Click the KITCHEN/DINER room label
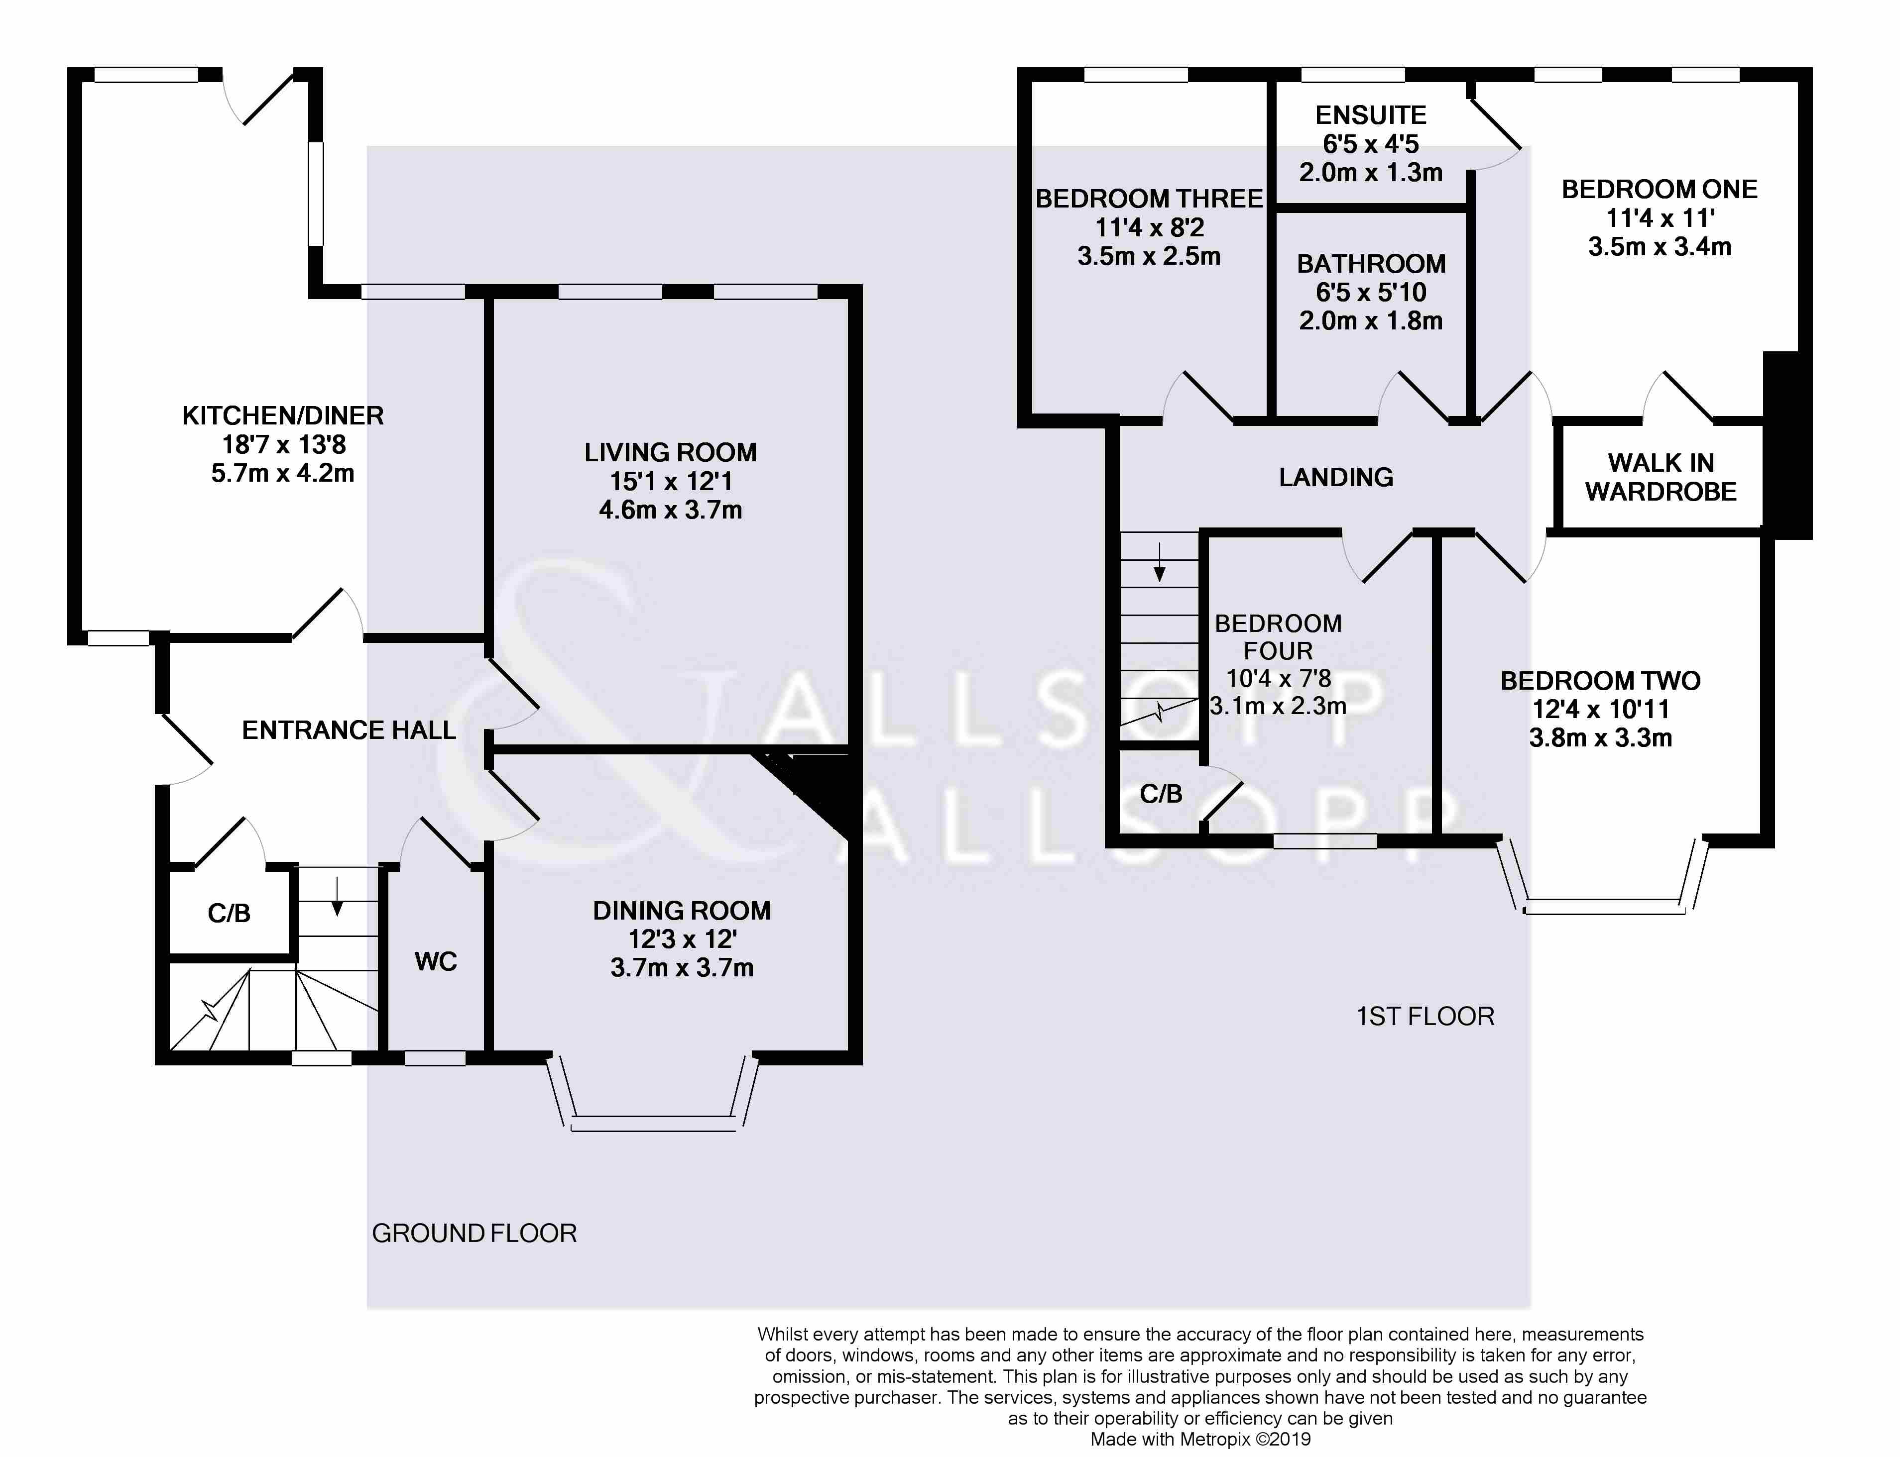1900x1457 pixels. [x=283, y=416]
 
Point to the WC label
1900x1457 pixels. [x=436, y=961]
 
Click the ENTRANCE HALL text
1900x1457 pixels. [x=349, y=730]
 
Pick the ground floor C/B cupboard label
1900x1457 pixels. [x=229, y=912]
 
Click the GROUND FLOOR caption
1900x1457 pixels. [x=474, y=1233]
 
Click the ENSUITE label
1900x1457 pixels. [x=1371, y=115]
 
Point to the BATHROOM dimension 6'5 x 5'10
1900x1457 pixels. [x=1371, y=292]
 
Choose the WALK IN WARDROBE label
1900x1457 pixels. [x=1661, y=477]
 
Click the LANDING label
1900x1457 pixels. [x=1336, y=477]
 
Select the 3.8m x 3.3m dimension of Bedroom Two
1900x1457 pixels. [x=1601, y=738]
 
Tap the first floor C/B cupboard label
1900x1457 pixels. [x=1161, y=794]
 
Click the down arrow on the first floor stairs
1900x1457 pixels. [x=1160, y=560]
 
